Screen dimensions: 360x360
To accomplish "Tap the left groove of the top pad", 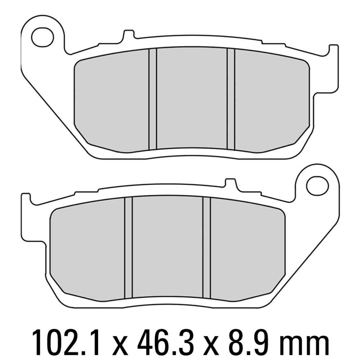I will pyautogui.click(x=153, y=99).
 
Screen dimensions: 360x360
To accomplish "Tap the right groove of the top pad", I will pyautogui.click(x=231, y=99).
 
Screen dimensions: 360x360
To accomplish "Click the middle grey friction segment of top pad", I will pyautogui.click(x=192, y=99).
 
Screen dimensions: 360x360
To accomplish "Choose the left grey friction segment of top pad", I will pyautogui.click(x=112, y=101).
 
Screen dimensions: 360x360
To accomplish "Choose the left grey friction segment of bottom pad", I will pyautogui.click(x=88, y=248).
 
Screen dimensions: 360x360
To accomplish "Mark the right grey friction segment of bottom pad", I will pyautogui.click(x=247, y=248).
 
